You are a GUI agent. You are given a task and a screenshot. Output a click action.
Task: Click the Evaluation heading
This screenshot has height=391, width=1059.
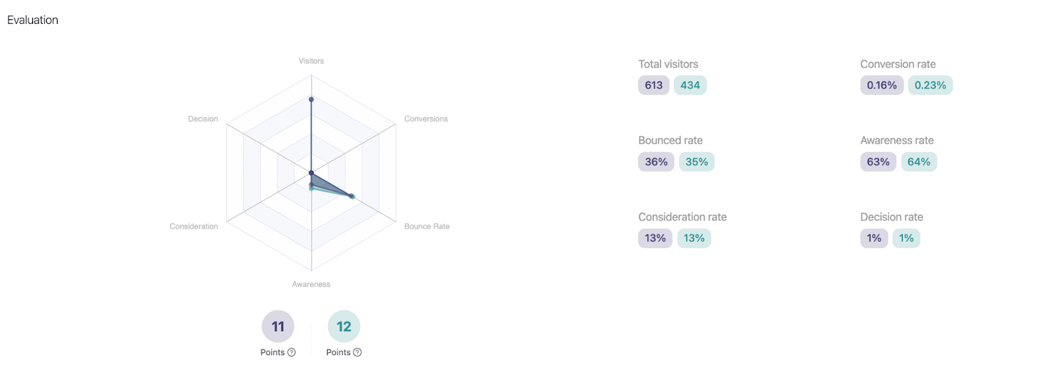(x=32, y=20)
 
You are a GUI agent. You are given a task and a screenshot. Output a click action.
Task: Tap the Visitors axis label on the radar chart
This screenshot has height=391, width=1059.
(x=311, y=61)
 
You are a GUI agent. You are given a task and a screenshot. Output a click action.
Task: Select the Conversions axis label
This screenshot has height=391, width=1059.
(x=426, y=119)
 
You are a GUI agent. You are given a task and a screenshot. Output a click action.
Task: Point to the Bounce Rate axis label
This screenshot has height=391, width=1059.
(x=426, y=227)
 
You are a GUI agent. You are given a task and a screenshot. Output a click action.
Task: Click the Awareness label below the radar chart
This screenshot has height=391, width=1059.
(x=311, y=284)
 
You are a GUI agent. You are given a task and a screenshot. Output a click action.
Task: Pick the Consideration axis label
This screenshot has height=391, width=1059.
(x=193, y=227)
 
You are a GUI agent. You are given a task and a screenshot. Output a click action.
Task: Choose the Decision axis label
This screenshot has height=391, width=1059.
(x=203, y=119)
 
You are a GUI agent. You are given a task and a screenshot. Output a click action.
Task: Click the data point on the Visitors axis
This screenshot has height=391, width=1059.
(x=311, y=99)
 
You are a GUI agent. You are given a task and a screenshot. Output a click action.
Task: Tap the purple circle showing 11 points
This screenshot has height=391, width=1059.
(x=278, y=326)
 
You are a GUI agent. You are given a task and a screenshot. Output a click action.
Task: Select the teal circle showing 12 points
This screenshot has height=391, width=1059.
(x=344, y=326)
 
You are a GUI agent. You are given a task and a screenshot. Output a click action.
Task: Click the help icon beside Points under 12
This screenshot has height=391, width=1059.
(x=357, y=353)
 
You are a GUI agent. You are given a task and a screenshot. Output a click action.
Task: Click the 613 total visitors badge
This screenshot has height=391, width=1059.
(x=653, y=85)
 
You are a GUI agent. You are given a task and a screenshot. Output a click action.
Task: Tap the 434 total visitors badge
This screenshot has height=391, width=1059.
(x=690, y=85)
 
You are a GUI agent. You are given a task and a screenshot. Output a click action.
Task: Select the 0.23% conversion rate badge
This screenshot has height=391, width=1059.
(x=930, y=85)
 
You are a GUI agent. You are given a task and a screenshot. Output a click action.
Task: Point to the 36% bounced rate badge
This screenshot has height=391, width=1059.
(x=656, y=162)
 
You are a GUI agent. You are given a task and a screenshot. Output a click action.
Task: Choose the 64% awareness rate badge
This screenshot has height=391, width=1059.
(x=918, y=162)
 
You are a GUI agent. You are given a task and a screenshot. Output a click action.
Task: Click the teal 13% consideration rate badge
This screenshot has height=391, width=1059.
(x=694, y=239)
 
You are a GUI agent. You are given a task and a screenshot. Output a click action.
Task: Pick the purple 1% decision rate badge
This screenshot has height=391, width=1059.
(x=874, y=239)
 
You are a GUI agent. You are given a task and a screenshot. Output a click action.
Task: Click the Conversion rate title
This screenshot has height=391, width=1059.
(x=898, y=64)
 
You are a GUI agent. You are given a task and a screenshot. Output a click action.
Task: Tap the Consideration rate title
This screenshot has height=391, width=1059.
(x=682, y=217)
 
